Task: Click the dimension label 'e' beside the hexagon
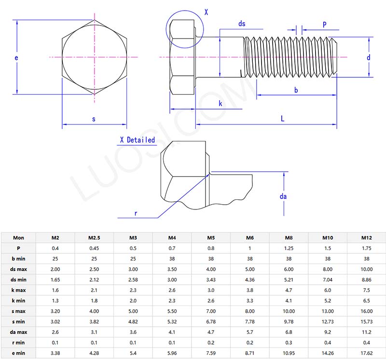(16, 58)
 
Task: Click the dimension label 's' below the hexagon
(94, 119)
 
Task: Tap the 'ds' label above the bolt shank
(242, 24)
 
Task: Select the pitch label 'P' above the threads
(324, 24)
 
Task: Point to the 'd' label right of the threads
(368, 58)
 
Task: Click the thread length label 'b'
(296, 90)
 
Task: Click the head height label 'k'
(221, 103)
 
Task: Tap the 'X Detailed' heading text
(138, 140)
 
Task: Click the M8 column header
(289, 237)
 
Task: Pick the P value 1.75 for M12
(366, 248)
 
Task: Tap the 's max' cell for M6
(249, 311)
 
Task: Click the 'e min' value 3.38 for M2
(55, 353)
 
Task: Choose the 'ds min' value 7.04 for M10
(328, 279)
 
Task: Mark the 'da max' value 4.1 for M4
(172, 332)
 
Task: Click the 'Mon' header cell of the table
(18, 237)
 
